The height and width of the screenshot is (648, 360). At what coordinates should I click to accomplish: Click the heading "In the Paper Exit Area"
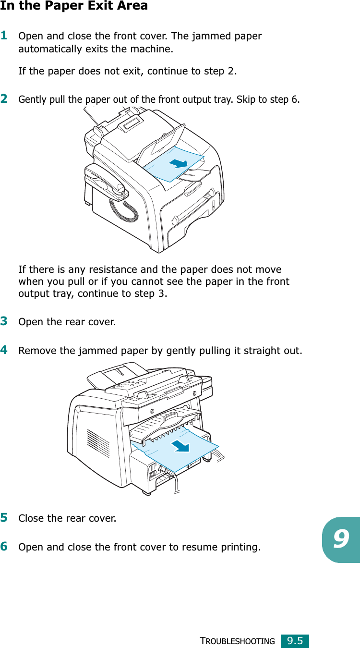pyautogui.click(x=74, y=6)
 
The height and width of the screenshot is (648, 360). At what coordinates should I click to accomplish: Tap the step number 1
pyautogui.click(x=4, y=36)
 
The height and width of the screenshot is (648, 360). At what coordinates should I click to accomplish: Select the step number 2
pyautogui.click(x=4, y=99)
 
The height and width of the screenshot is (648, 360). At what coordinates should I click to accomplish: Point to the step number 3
pyautogui.click(x=4, y=320)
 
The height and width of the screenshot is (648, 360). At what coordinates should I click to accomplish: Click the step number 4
pyautogui.click(x=4, y=350)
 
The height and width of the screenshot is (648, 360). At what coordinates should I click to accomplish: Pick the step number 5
pyautogui.click(x=4, y=518)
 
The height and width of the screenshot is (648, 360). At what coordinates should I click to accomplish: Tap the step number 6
pyautogui.click(x=4, y=546)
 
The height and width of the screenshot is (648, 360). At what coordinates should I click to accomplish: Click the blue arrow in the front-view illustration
pyautogui.click(x=178, y=164)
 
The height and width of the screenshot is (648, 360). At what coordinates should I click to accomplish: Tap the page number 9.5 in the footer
pyautogui.click(x=295, y=641)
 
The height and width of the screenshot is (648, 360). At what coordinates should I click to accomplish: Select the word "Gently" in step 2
pyautogui.click(x=30, y=100)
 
